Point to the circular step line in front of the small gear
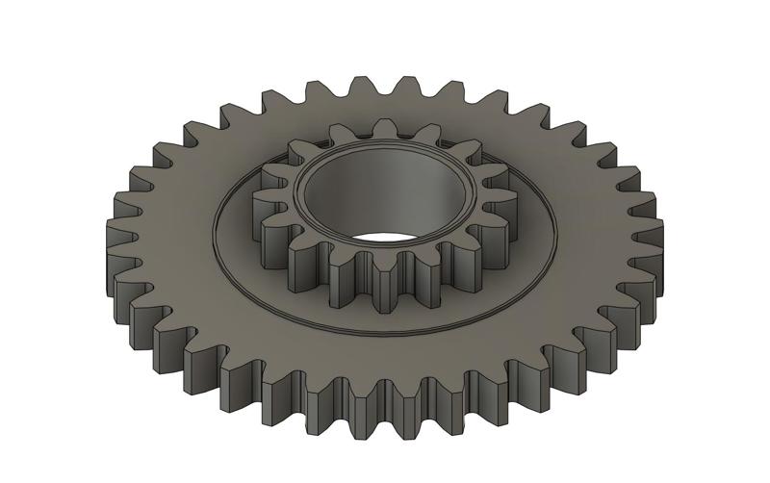[x=385, y=331]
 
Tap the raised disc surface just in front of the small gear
[x=385, y=318]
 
